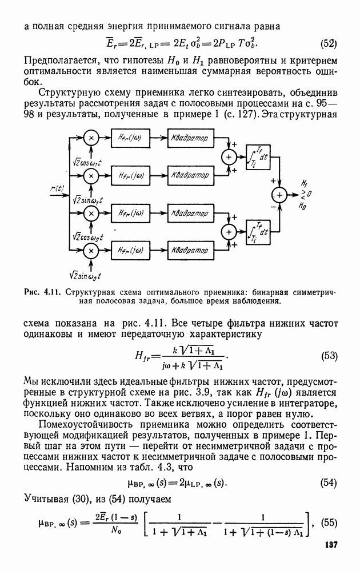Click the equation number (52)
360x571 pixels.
point(328,44)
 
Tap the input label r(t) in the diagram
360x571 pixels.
point(57,188)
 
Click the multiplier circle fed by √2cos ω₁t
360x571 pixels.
point(91,139)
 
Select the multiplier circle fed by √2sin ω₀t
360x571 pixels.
point(91,250)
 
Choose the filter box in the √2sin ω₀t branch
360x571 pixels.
point(131,250)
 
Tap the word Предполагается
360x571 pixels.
point(54,61)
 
